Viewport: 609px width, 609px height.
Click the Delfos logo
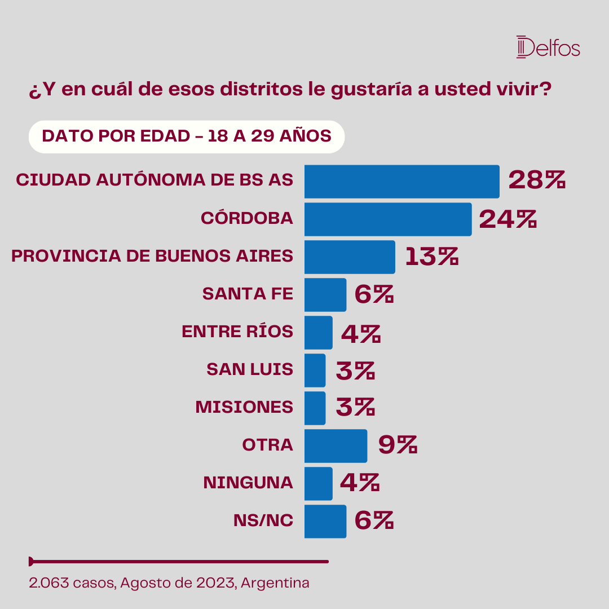(x=548, y=47)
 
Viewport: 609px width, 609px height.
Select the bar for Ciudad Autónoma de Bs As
(x=401, y=182)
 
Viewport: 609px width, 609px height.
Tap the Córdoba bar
(x=388, y=219)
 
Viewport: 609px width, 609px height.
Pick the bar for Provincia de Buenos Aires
(x=350, y=257)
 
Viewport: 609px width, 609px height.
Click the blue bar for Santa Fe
(x=325, y=294)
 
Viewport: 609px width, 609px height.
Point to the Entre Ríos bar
(x=319, y=333)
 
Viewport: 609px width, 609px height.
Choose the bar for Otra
(x=336, y=445)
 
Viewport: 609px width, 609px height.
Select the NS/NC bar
(x=325, y=521)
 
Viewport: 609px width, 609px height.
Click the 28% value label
(x=537, y=180)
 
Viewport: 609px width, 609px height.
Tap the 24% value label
(x=507, y=219)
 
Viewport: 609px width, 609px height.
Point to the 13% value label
(x=431, y=257)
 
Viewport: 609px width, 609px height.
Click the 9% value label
(x=398, y=444)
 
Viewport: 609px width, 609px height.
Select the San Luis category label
(x=250, y=369)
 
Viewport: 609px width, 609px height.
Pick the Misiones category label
(x=244, y=407)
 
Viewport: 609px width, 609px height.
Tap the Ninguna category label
(x=248, y=482)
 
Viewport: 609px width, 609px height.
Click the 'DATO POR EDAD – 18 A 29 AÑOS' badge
(x=187, y=136)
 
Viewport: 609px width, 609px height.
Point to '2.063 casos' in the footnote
(x=72, y=583)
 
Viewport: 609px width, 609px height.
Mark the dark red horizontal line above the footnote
(x=179, y=562)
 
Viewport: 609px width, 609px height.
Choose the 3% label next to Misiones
(x=355, y=407)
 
